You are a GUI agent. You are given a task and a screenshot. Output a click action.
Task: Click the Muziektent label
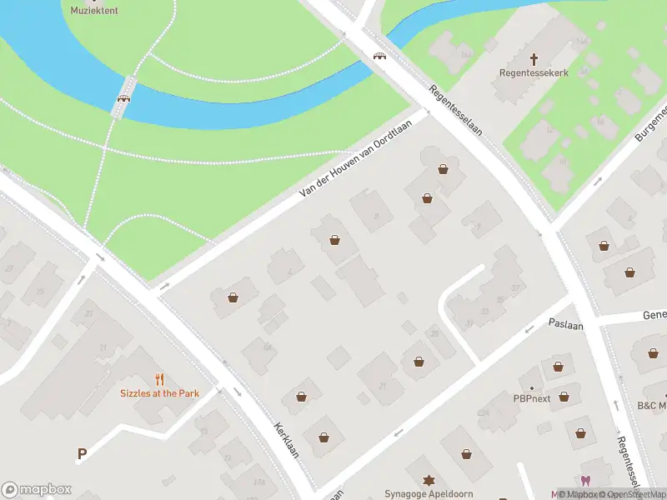pyautogui.click(x=94, y=10)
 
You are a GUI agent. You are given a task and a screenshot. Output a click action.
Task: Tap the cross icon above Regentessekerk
pyautogui.click(x=534, y=59)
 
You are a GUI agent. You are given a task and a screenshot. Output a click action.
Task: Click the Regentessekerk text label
pyautogui.click(x=534, y=73)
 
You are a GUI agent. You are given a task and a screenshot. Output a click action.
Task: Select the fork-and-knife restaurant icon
pyautogui.click(x=159, y=379)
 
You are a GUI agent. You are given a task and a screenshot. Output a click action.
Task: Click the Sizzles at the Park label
pyautogui.click(x=159, y=393)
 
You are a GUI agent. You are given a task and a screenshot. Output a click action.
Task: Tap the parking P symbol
pyautogui.click(x=82, y=454)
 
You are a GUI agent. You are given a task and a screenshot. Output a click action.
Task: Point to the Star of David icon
pyautogui.click(x=429, y=482)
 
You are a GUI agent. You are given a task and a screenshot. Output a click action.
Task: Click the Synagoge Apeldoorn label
pyautogui.click(x=429, y=494)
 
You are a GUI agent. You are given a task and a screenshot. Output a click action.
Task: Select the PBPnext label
pyautogui.click(x=531, y=398)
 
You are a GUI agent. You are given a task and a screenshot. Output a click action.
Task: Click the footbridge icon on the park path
pyautogui.click(x=123, y=97)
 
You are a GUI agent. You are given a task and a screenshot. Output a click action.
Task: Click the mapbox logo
pyautogui.click(x=37, y=490)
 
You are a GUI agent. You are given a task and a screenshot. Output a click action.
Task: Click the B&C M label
pyautogui.click(x=651, y=406)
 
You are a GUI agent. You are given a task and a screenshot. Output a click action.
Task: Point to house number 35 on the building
pyautogui.click(x=501, y=301)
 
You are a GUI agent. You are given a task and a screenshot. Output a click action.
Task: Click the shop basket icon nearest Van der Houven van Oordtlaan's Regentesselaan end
pyautogui.click(x=443, y=169)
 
